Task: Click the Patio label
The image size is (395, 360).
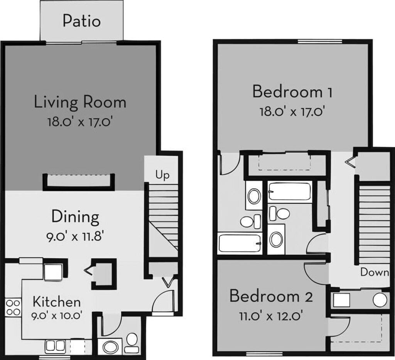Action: click(82, 20)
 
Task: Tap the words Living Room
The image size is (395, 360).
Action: click(80, 103)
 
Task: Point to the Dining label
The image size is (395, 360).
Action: click(75, 217)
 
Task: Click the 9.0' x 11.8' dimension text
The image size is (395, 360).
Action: click(75, 235)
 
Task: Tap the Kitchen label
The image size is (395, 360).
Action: click(56, 301)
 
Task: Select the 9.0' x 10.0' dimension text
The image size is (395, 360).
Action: click(56, 316)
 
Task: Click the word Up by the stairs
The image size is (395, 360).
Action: click(162, 176)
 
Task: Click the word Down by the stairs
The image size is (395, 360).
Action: click(375, 272)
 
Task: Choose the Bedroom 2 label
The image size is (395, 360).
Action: click(271, 297)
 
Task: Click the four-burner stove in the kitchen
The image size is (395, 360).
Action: click(13, 308)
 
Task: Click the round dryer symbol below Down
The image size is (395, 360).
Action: click(380, 300)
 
